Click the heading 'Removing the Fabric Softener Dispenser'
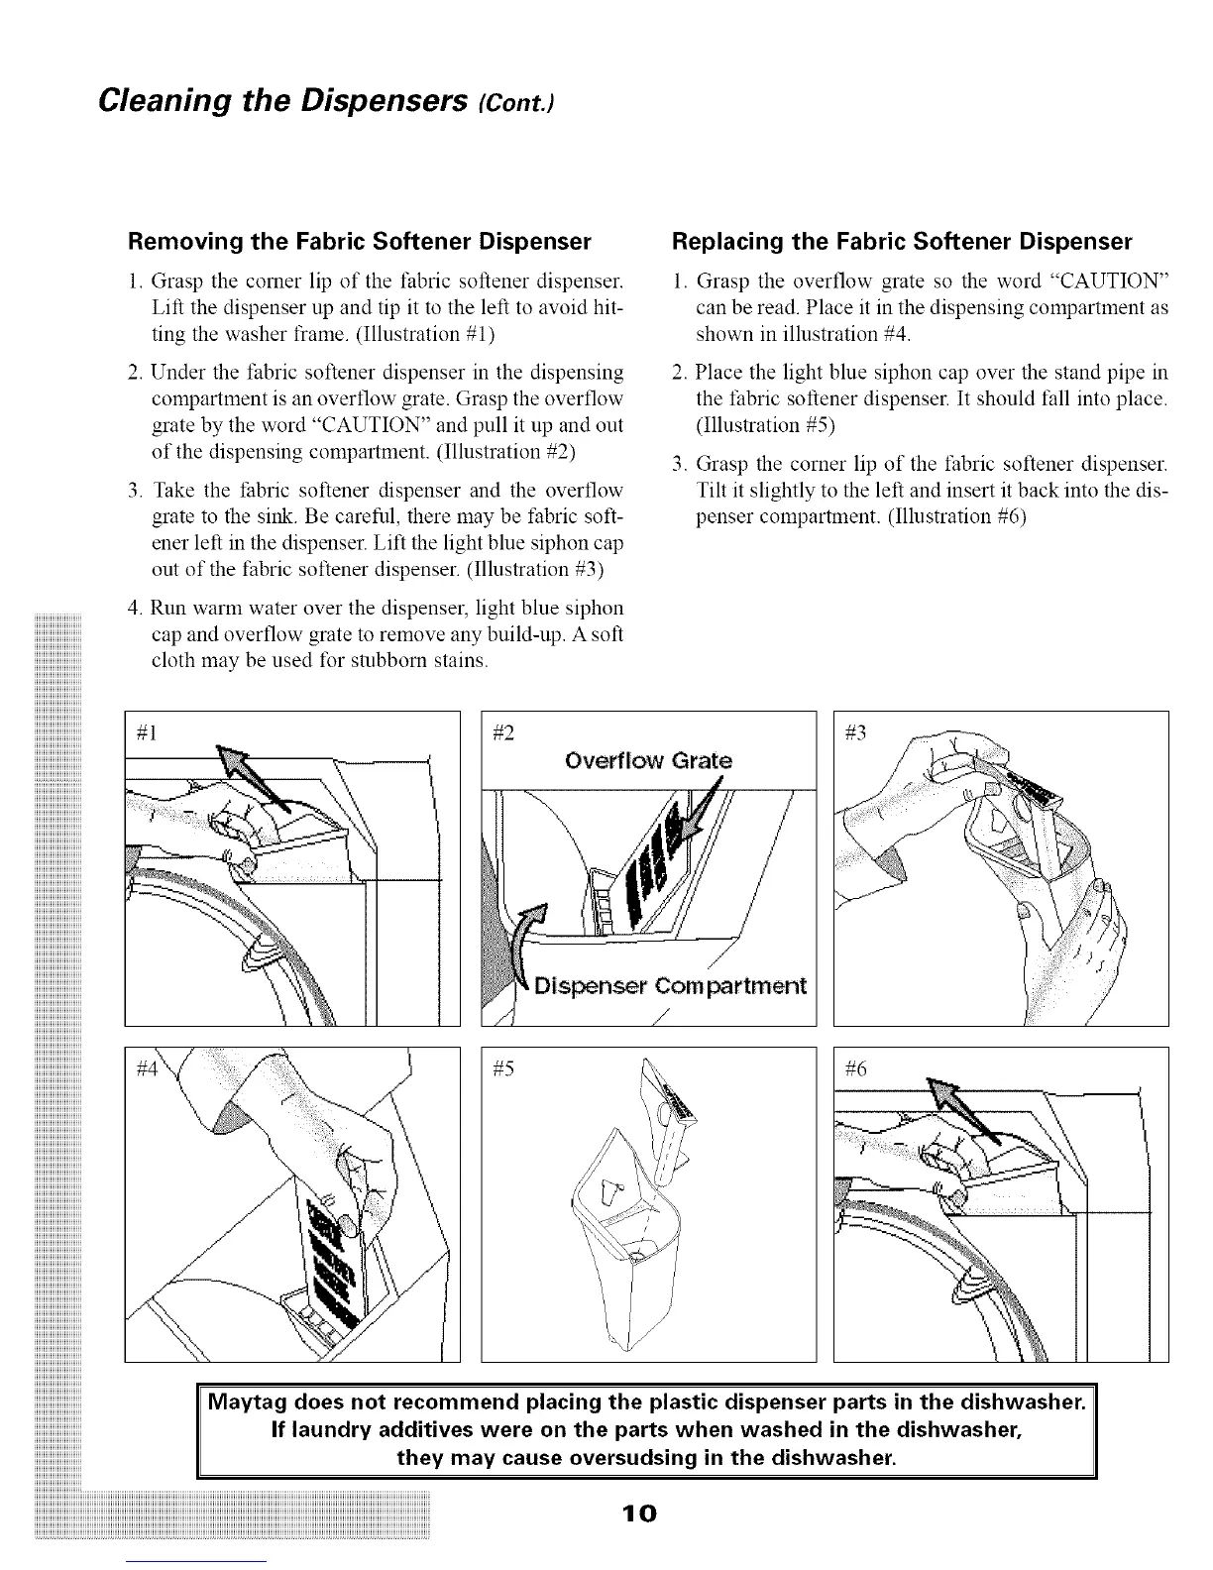pos(359,242)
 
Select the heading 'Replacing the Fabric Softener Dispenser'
pos(902,242)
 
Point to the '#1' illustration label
pos(150,734)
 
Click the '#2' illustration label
pos(505,734)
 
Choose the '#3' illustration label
pos(857,734)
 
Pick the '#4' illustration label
pos(150,1068)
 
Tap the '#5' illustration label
pos(505,1068)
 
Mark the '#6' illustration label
pos(857,1068)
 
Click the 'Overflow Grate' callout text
pos(648,761)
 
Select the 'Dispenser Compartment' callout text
pos(671,987)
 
